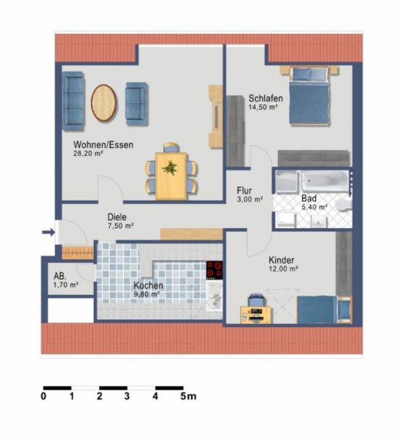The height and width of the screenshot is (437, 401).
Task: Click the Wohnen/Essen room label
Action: pyautogui.click(x=102, y=144)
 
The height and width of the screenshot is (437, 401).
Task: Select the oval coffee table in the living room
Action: pyautogui.click(x=104, y=103)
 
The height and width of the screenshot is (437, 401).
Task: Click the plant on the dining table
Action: pyautogui.click(x=170, y=167)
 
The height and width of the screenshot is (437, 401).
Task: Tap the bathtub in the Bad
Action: pyautogui.click(x=324, y=180)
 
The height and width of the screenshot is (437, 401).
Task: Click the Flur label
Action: pyautogui.click(x=245, y=190)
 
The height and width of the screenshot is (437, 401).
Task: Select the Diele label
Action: pyautogui.click(x=117, y=216)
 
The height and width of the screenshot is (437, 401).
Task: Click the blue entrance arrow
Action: pyautogui.click(x=48, y=233)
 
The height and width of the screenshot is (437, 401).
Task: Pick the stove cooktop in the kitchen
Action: pyautogui.click(x=214, y=269)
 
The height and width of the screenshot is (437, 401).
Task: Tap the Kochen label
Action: pyautogui.click(x=148, y=286)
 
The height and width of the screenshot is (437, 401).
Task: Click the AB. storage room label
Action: pyautogui.click(x=61, y=277)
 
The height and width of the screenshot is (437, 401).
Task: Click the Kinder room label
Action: pyautogui.click(x=282, y=260)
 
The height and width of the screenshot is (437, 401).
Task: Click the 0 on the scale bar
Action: pyautogui.click(x=44, y=396)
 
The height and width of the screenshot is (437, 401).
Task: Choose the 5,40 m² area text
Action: pyautogui.click(x=314, y=207)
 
